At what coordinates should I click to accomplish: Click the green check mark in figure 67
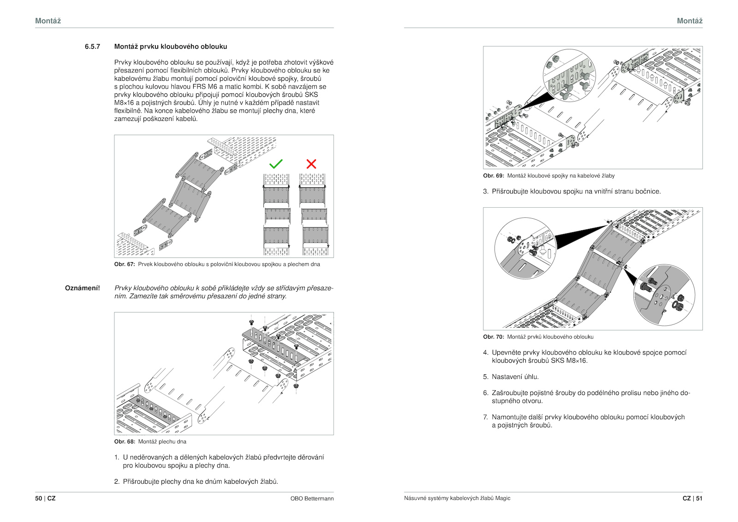(276, 164)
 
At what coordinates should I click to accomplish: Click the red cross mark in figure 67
(311, 164)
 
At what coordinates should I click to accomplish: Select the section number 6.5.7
(92, 47)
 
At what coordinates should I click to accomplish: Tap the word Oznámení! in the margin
(83, 288)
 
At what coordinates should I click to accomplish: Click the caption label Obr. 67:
(125, 264)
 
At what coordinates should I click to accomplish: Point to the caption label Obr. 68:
(125, 442)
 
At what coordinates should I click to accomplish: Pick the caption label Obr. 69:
(494, 176)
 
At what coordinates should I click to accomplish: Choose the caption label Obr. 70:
(494, 337)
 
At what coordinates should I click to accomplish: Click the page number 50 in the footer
(38, 498)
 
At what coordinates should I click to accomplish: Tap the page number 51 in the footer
(699, 498)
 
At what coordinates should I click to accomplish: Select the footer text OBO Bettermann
(312, 498)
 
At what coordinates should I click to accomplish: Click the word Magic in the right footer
(503, 498)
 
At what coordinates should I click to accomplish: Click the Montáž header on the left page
(48, 21)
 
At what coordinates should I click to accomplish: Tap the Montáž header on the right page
(690, 21)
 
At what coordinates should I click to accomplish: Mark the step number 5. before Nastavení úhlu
(485, 377)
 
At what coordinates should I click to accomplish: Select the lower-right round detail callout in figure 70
(664, 295)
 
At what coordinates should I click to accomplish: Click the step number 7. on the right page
(485, 417)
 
